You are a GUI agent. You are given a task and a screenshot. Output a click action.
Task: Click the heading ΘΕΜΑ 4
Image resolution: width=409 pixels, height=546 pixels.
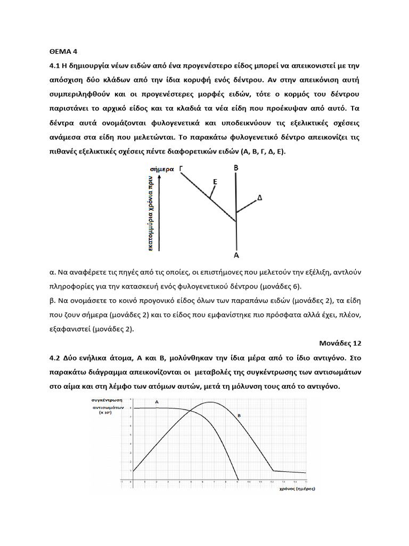pos(59,52)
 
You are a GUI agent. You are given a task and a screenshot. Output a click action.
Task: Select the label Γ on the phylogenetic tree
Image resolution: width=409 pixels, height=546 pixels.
pos(182,168)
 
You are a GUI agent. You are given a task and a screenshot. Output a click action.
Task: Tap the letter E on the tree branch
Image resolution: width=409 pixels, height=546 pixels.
pos(215,182)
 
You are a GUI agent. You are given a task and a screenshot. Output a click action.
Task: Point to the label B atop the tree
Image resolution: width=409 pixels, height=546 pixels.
pos(236,167)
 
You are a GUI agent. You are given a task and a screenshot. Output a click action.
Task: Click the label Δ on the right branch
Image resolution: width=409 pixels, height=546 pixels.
pos(260,198)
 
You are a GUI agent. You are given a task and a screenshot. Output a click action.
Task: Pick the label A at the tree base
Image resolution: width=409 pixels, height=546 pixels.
pos(236,255)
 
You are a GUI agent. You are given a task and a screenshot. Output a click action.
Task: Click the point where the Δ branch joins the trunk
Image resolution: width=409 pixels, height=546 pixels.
pos(236,213)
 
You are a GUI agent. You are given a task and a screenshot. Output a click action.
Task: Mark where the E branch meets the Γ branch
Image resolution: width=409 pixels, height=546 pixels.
pos(209,199)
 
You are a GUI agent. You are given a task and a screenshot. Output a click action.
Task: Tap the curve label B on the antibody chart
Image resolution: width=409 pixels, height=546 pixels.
pos(239,415)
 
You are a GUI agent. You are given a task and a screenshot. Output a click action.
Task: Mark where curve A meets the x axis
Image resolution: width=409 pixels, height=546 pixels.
pos(238,478)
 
